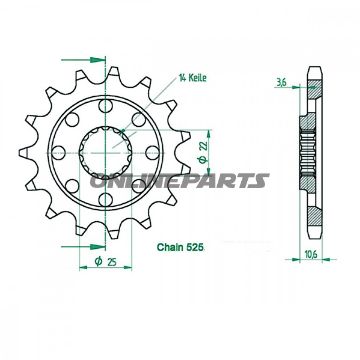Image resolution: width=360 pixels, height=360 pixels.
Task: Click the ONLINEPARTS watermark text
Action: [180, 181]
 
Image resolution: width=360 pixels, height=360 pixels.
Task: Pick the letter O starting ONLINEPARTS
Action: [98, 181]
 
